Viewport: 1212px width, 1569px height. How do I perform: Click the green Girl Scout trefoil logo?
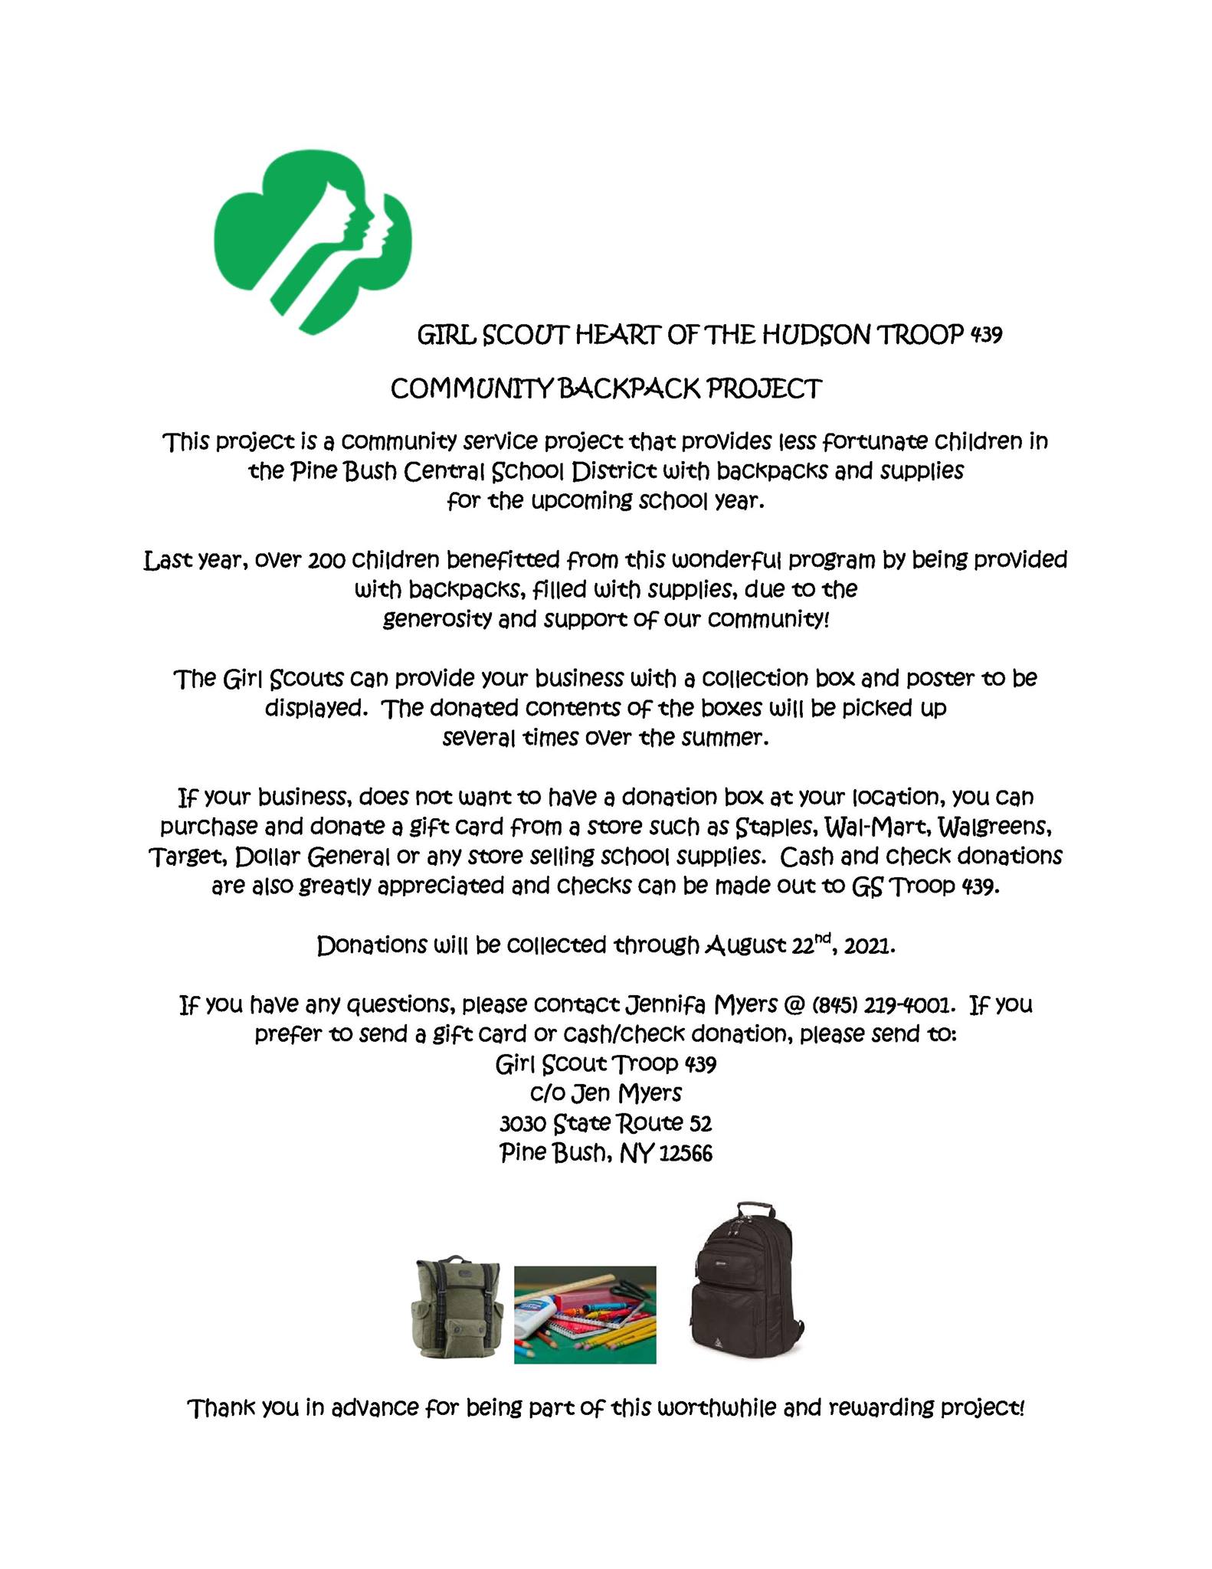click(x=312, y=241)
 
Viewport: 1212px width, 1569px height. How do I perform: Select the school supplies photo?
click(x=585, y=1315)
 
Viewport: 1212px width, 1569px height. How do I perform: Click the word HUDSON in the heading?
click(x=815, y=335)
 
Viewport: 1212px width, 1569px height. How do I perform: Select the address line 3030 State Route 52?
click(x=605, y=1123)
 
